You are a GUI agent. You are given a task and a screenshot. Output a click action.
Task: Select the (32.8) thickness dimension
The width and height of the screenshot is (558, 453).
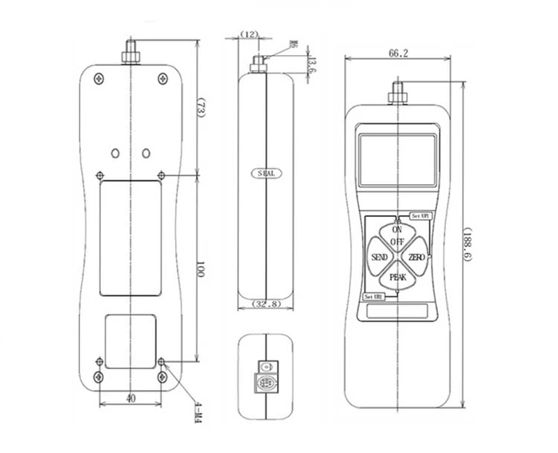click(x=266, y=304)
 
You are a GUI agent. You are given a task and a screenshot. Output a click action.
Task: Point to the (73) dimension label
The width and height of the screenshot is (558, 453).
click(x=201, y=108)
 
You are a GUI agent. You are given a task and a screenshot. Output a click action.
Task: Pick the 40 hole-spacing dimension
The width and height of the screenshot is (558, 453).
click(x=130, y=398)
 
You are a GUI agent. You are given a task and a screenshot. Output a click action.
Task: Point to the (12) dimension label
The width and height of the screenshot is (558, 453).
click(x=249, y=35)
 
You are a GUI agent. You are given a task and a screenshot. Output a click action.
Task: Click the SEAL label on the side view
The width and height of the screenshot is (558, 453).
click(x=266, y=173)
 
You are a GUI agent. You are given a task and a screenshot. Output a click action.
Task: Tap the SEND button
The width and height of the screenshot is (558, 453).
click(x=379, y=257)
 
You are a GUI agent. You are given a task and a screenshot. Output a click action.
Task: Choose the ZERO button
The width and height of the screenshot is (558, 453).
click(x=416, y=257)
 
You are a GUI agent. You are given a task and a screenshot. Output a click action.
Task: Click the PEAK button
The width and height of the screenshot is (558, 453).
click(x=398, y=277)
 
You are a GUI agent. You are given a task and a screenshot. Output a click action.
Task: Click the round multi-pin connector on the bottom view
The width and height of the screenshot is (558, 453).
click(x=266, y=384)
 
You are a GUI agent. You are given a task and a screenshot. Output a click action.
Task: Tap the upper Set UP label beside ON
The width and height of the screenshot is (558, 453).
click(x=420, y=216)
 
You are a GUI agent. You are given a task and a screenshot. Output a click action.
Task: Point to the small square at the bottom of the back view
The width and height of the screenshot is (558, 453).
click(x=131, y=340)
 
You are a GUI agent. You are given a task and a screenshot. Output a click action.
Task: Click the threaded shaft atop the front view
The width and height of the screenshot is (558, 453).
click(x=397, y=93)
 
